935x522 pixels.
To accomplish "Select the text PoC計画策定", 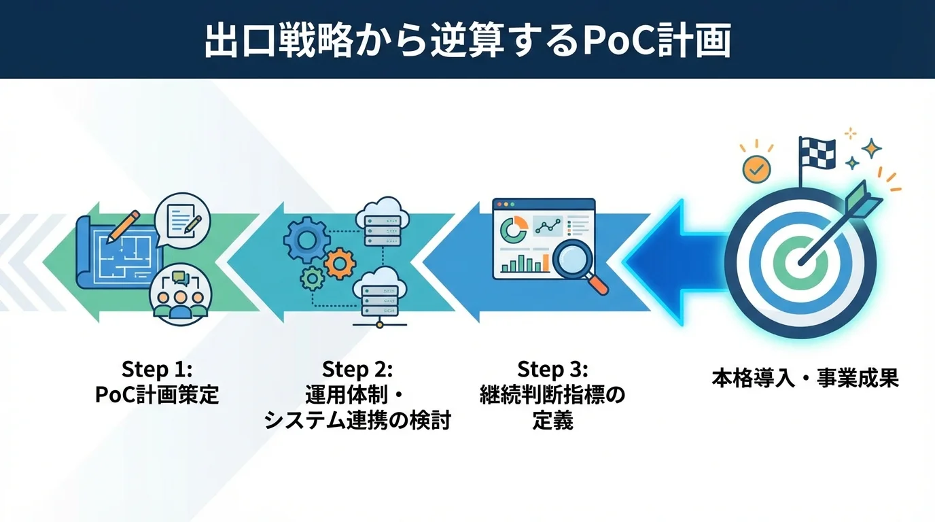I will coord(157,395).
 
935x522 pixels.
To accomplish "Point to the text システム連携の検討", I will coord(357,421).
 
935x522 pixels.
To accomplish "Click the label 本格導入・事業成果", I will coord(805,379).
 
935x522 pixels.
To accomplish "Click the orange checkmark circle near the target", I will coord(756,168).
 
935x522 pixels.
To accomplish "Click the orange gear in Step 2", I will coord(340,263).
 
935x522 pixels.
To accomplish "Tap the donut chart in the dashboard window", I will coord(513,228).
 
